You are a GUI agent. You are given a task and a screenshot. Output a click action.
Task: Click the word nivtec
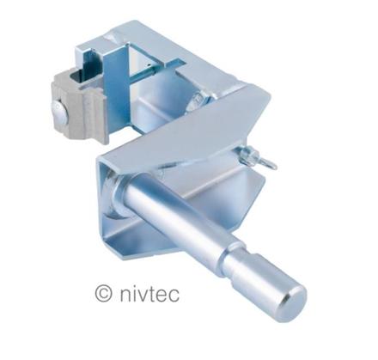tap(149, 295)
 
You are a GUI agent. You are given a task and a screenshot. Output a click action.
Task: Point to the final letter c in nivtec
tap(174, 296)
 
